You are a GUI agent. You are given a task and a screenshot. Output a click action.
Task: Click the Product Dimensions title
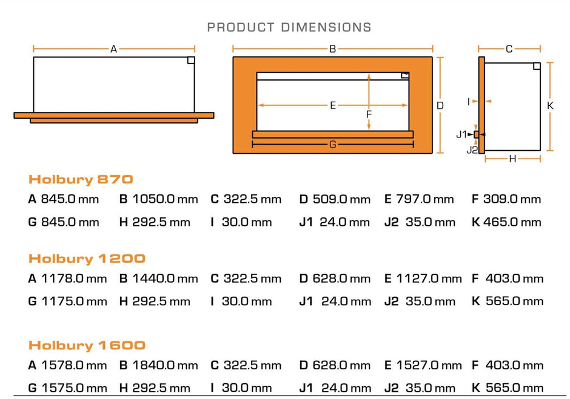point(289,27)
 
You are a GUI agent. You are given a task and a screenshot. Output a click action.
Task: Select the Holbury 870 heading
point(81,179)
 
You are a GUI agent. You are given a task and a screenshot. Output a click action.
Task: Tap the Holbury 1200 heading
point(87,259)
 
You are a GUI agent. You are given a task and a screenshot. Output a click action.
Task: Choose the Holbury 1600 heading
point(87,346)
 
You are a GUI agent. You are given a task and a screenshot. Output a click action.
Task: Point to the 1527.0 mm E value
point(429,366)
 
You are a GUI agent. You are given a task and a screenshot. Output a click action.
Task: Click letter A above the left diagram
point(113,50)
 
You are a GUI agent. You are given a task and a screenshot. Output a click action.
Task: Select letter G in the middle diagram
point(332,145)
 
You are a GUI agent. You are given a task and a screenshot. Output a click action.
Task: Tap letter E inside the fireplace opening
point(333,105)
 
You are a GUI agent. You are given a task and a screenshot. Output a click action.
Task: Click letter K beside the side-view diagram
point(551,105)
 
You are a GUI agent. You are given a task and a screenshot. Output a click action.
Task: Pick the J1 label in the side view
point(462,134)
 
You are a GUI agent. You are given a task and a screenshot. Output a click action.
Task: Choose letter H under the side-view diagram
point(512,159)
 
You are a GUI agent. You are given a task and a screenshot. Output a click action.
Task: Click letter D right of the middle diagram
point(440,105)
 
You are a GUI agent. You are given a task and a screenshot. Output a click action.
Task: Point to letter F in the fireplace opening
point(369,114)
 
